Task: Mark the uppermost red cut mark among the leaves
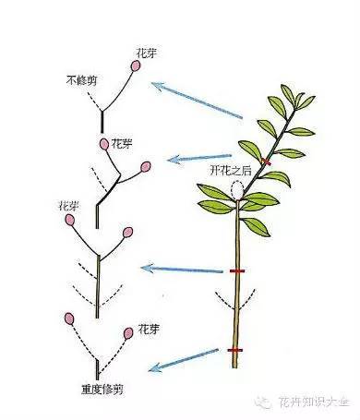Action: (x=266, y=162)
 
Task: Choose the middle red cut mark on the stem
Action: (x=237, y=272)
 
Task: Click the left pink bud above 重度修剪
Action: (x=70, y=318)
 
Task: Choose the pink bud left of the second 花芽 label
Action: (x=102, y=144)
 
